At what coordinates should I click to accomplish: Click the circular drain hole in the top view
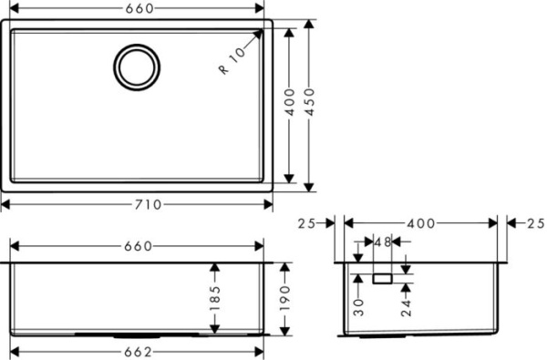pos(137,66)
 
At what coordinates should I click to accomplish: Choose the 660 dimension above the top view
pos(137,8)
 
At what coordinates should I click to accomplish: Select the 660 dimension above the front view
pos(137,246)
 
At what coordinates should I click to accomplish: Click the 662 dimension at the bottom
pos(137,352)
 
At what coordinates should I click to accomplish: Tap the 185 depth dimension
pos(215,297)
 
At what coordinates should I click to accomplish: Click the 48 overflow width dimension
pos(382,242)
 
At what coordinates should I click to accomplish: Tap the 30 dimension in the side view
pos(358,306)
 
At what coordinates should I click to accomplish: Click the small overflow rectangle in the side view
pos(382,276)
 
